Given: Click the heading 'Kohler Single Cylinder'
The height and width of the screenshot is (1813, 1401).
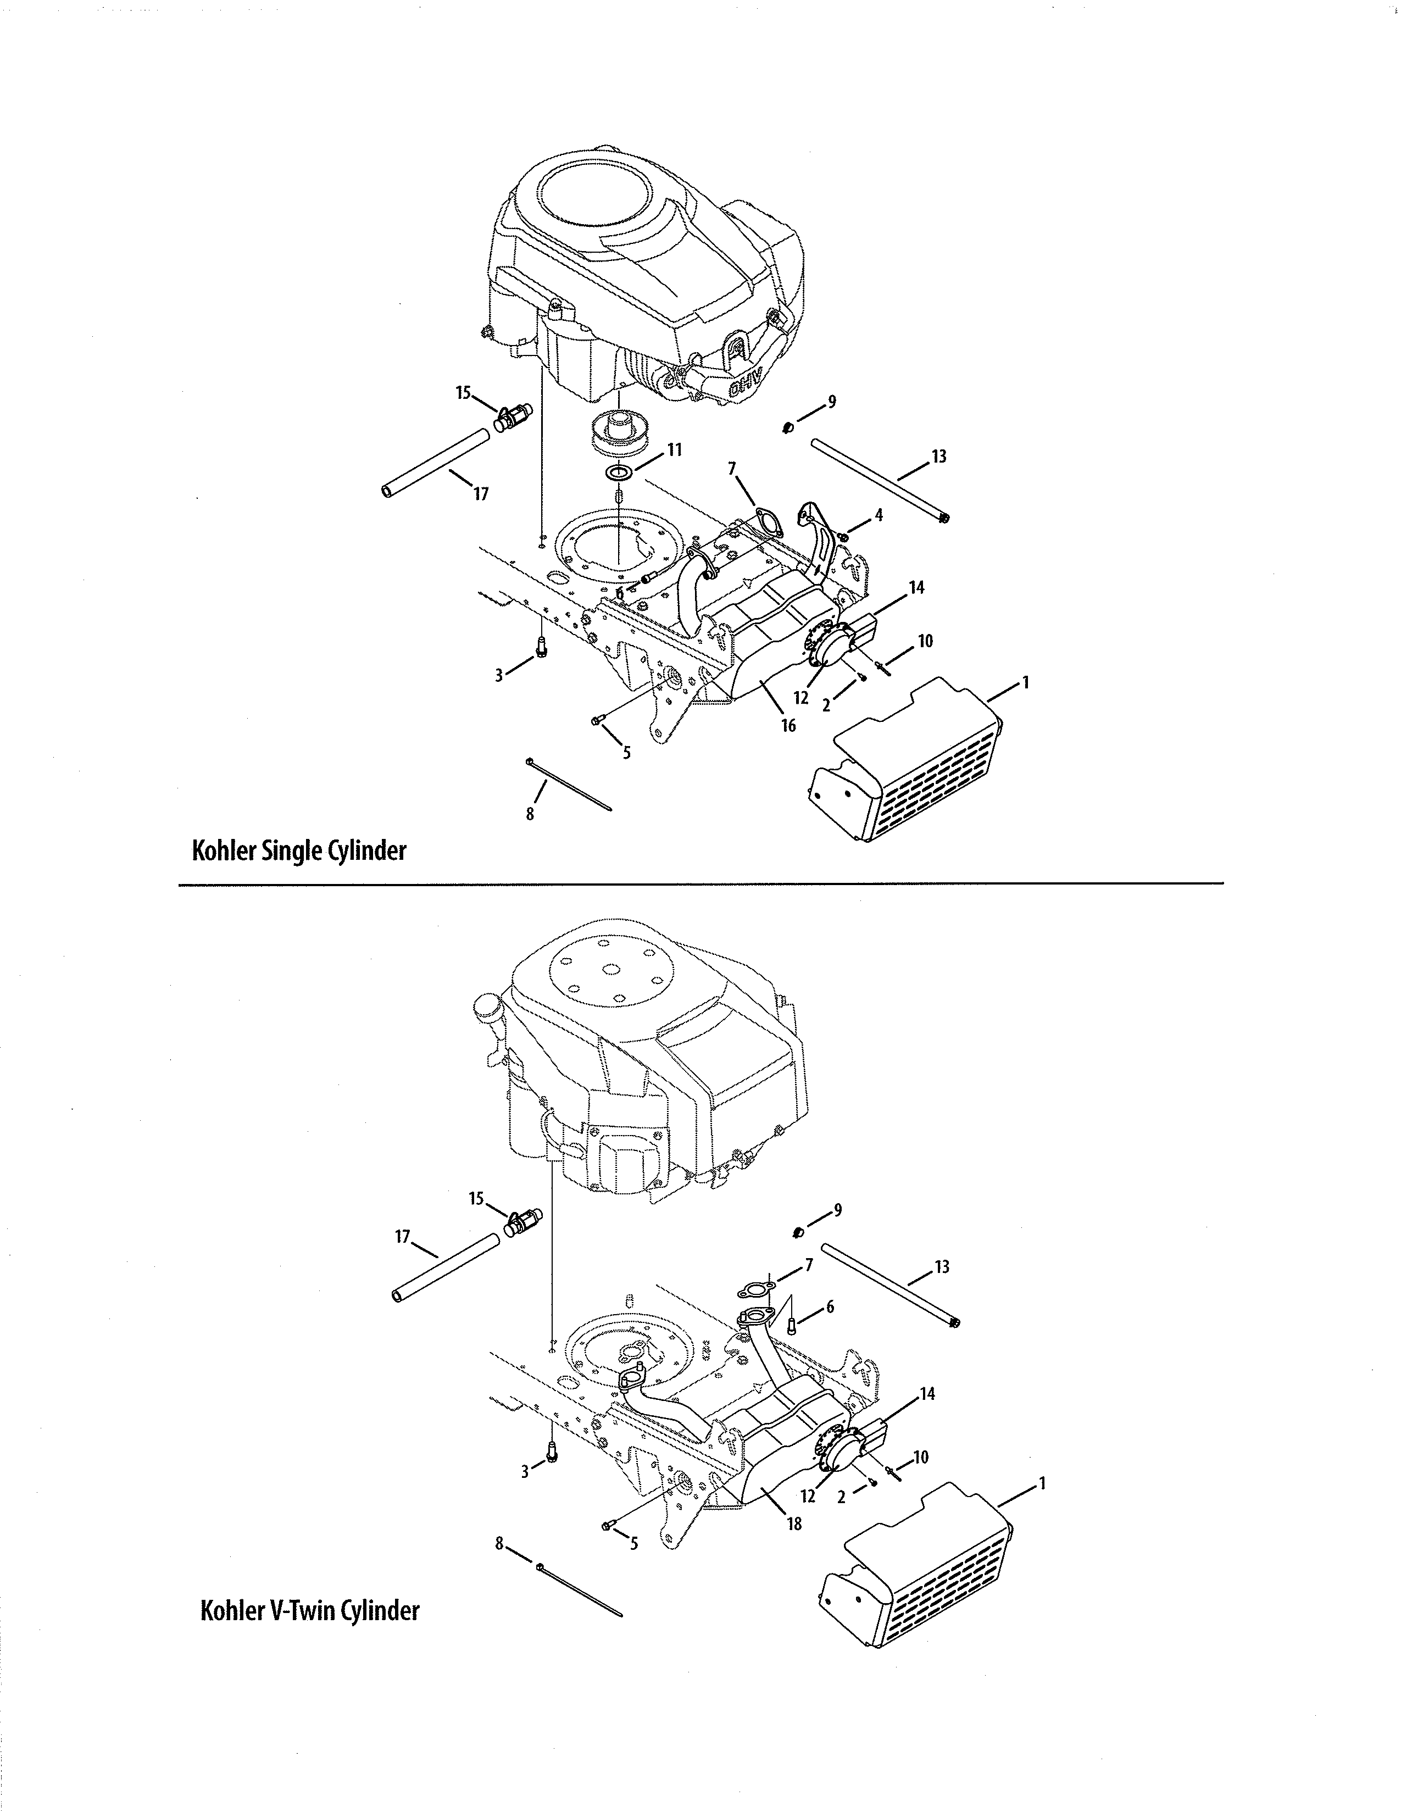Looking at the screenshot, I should point(299,851).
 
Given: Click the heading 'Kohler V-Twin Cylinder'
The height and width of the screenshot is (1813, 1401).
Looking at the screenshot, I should point(309,1610).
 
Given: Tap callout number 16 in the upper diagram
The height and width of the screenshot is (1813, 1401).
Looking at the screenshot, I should point(788,726).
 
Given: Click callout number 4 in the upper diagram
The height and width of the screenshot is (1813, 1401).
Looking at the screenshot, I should point(877,515).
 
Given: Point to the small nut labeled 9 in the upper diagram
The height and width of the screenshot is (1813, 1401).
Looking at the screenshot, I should point(788,427).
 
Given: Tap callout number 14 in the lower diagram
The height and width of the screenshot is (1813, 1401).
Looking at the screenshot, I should point(927,1394).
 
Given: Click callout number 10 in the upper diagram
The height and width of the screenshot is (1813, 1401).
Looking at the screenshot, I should point(925,641).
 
